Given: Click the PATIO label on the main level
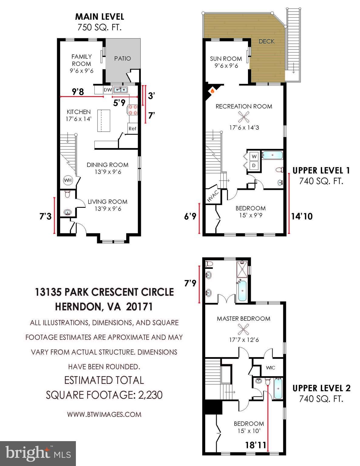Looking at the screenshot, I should click(122, 58).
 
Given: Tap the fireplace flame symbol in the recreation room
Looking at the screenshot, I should click(212, 90).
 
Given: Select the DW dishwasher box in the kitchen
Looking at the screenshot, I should click(108, 90).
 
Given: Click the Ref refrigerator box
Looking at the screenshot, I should click(132, 128).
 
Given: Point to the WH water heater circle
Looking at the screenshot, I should click(68, 180).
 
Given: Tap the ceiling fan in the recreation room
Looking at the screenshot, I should click(244, 116).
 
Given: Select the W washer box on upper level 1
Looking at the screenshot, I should click(254, 156).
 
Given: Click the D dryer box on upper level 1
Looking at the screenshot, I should click(254, 166).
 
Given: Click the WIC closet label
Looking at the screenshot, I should click(270, 368).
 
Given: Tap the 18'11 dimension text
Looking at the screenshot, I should click(256, 445).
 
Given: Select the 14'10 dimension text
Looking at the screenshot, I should click(302, 216).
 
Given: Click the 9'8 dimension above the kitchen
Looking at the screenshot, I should click(78, 91).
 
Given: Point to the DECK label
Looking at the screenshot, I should click(267, 41).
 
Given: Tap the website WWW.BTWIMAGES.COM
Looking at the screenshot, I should click(104, 414).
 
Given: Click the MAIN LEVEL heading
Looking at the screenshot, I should click(100, 16).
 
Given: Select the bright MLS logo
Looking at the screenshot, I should click(38, 453).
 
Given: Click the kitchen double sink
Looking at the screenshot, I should click(121, 89).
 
